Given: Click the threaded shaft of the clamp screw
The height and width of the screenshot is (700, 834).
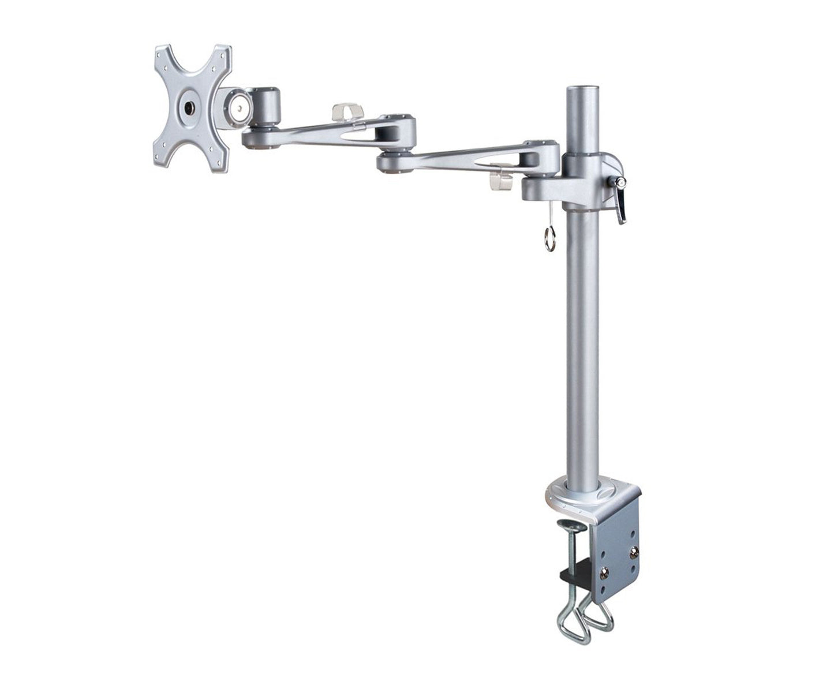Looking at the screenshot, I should pos(574,551).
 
